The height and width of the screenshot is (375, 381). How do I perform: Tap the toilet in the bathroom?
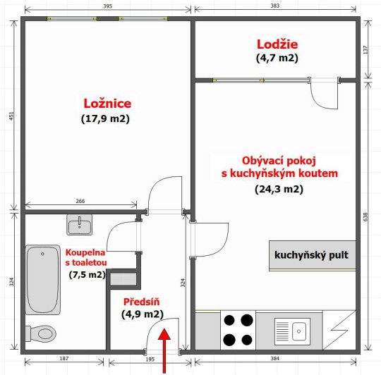coord(41,333)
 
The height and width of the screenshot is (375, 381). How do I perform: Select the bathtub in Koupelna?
coord(43,280)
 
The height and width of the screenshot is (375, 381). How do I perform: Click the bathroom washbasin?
coord(80,225)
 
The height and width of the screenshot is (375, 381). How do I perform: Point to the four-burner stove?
coord(238,330)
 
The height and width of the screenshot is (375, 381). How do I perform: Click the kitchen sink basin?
coord(299,331)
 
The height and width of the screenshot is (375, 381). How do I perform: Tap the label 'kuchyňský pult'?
coord(311,255)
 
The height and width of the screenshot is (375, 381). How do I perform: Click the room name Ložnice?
coord(107,104)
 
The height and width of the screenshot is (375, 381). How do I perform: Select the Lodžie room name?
coord(277,44)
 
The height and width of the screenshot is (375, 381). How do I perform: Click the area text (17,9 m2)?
coord(105,118)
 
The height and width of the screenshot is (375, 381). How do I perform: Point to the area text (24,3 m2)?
coord(279,189)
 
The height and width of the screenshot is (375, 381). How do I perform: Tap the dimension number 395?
coord(108,6)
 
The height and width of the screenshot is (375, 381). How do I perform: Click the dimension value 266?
coord(80,201)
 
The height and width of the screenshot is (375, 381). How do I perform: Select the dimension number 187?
coord(64,358)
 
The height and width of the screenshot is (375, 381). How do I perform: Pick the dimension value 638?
coord(366,216)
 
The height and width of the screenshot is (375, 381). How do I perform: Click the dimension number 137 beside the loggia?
coord(366,50)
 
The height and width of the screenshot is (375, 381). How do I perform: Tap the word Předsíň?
coord(141,302)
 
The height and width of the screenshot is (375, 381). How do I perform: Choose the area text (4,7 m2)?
coord(277,58)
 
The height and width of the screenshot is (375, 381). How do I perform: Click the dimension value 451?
coord(12,116)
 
